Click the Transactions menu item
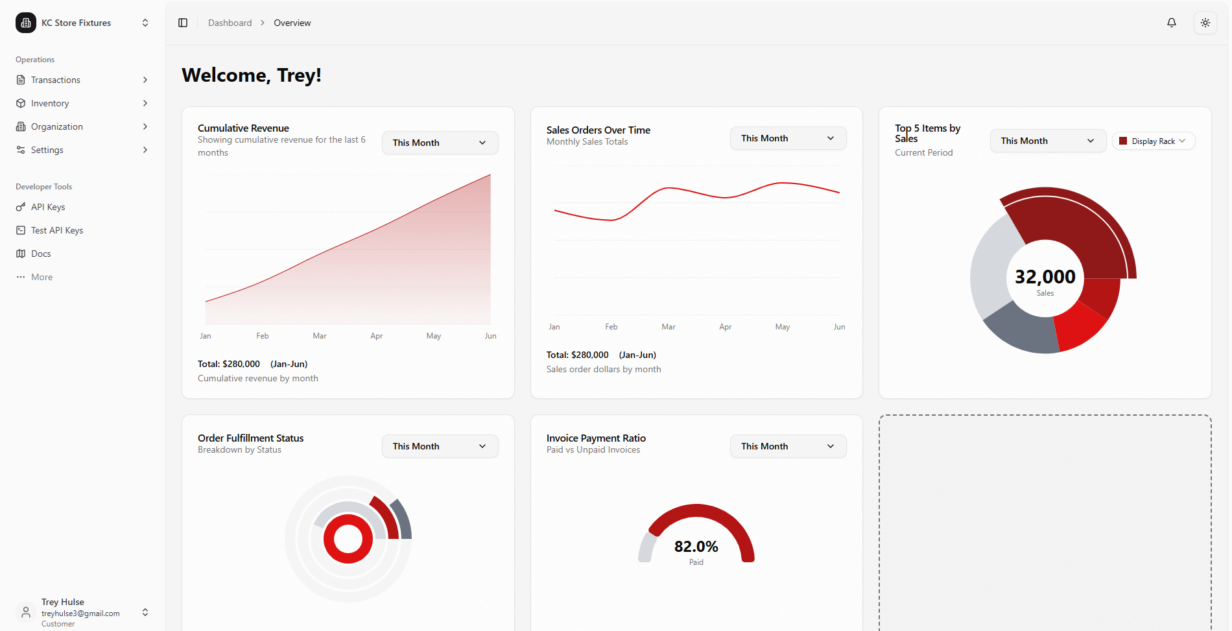point(56,80)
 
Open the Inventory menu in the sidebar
point(50,103)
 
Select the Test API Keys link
point(57,230)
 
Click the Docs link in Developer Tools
point(41,254)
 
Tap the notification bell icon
point(1172,23)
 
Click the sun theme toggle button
point(1205,23)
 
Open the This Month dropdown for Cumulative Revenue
point(440,143)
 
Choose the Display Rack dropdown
point(1154,141)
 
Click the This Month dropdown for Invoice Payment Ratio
point(788,446)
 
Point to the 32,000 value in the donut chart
point(1045,277)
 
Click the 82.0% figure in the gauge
point(696,547)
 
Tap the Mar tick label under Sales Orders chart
point(668,327)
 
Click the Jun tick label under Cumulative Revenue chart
point(490,336)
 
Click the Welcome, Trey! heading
point(252,75)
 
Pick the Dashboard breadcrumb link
point(230,23)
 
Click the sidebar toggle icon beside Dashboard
point(183,23)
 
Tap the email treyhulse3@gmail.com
point(80,613)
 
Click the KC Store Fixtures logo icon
point(26,23)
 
